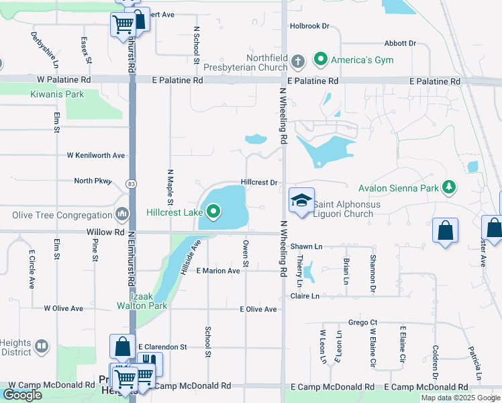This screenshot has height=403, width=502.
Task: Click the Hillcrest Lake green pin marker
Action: (x=214, y=213)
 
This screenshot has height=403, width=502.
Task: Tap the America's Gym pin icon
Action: (x=321, y=60)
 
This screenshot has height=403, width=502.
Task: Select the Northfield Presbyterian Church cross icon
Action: (x=299, y=62)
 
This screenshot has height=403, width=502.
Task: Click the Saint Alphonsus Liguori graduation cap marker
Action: (x=301, y=200)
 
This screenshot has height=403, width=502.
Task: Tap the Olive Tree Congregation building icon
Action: (x=122, y=215)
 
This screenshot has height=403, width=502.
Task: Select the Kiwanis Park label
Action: (x=57, y=95)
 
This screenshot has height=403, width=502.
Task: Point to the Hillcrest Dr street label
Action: (x=259, y=183)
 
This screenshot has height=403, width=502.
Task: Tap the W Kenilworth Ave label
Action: (x=96, y=155)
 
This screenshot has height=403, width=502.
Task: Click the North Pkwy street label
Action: (x=93, y=181)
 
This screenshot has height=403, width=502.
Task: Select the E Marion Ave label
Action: (x=218, y=271)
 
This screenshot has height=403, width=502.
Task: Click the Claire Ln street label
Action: (x=303, y=296)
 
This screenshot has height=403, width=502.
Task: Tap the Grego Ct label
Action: (x=363, y=322)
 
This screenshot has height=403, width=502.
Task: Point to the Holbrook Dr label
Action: (x=309, y=26)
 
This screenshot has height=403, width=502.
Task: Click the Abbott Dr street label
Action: (x=401, y=43)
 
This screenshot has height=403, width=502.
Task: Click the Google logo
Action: (x=22, y=395)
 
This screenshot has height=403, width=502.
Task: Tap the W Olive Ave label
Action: (x=63, y=308)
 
